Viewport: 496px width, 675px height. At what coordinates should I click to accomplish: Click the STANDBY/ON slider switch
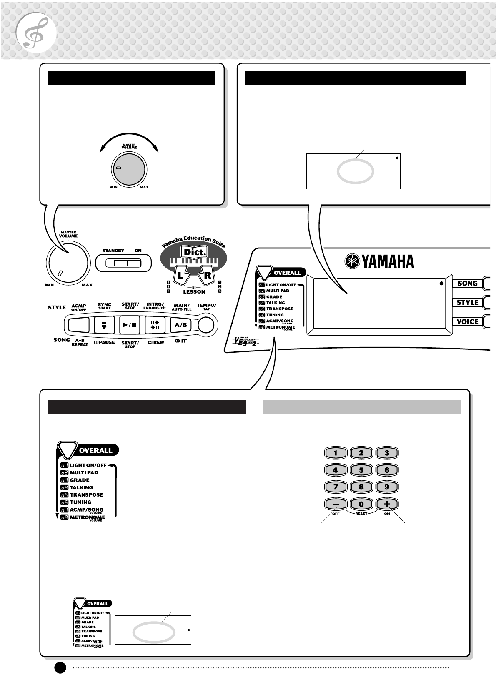(x=123, y=263)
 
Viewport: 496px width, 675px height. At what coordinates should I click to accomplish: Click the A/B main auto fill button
(x=180, y=325)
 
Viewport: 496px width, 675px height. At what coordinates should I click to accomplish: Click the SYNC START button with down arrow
(x=104, y=325)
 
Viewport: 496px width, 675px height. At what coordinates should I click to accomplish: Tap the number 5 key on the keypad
(x=361, y=470)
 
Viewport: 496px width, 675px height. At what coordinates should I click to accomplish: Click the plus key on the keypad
(x=387, y=504)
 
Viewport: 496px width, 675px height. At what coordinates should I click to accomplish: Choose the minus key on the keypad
(x=335, y=504)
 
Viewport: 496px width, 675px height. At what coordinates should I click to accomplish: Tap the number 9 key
(x=387, y=487)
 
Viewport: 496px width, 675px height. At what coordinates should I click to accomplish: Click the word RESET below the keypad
(x=361, y=514)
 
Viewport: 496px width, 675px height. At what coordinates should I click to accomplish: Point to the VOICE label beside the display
(x=468, y=321)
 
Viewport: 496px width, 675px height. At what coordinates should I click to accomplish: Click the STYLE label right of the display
(x=468, y=302)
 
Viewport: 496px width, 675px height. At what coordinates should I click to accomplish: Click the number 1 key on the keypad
(x=335, y=453)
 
